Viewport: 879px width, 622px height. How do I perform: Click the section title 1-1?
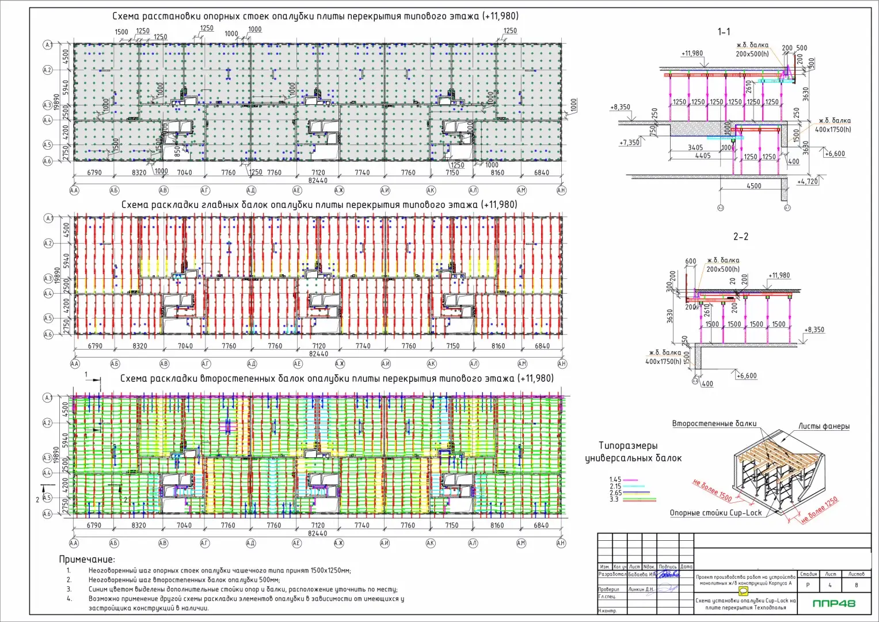pyautogui.click(x=724, y=32)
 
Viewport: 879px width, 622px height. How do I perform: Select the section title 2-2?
pyautogui.click(x=741, y=237)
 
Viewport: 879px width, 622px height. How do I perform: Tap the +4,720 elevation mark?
pyautogui.click(x=807, y=181)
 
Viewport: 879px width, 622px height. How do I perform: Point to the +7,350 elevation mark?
pyautogui.click(x=629, y=142)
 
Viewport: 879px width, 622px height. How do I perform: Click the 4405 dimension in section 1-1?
pyautogui.click(x=702, y=155)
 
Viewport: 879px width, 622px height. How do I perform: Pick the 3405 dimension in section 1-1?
pyautogui.click(x=695, y=147)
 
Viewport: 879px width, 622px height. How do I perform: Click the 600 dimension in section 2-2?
pyautogui.click(x=691, y=261)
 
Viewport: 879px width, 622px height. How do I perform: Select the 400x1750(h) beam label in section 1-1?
pyautogui.click(x=833, y=130)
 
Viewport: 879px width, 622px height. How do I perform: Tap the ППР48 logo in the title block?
pyautogui.click(x=834, y=604)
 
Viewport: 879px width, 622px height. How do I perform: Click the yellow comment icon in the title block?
pyautogui.click(x=743, y=591)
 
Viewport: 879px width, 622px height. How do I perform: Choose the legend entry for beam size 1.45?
pyautogui.click(x=615, y=480)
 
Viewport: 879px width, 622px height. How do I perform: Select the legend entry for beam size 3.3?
pyautogui.click(x=614, y=499)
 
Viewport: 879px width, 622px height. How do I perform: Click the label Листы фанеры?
pyautogui.click(x=824, y=426)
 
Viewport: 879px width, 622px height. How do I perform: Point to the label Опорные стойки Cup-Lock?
pyautogui.click(x=716, y=513)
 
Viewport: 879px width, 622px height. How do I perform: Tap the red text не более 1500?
pyautogui.click(x=712, y=490)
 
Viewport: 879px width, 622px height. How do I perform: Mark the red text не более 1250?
pyautogui.click(x=819, y=510)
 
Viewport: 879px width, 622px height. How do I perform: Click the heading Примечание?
pyautogui.click(x=87, y=559)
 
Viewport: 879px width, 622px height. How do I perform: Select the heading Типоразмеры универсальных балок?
pyautogui.click(x=633, y=452)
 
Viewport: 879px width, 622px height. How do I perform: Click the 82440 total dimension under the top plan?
pyautogui.click(x=318, y=180)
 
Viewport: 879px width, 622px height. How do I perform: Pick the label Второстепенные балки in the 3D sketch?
pyautogui.click(x=714, y=423)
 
